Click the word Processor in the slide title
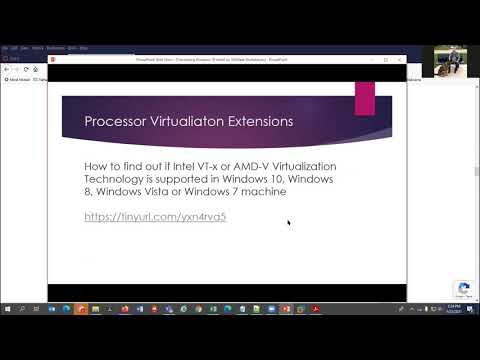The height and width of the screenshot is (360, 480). [115, 122]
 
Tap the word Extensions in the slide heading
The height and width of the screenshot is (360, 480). [262, 122]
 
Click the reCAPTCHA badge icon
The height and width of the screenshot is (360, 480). [462, 289]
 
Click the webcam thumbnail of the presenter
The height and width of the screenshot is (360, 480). [450, 60]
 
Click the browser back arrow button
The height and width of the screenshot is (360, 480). [7, 69]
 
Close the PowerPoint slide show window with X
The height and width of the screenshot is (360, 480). [401, 59]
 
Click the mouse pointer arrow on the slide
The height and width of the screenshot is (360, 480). [289, 222]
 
